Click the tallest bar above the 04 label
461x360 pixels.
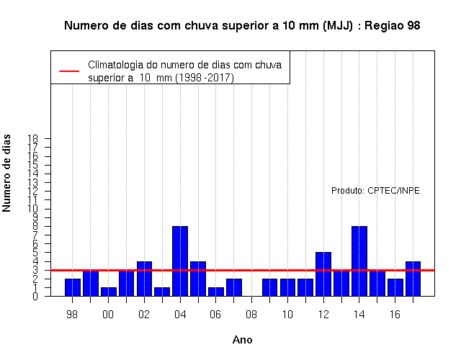coord(180,261)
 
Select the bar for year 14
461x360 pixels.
coord(359,261)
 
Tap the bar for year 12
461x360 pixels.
coord(323,274)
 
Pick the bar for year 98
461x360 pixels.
coord(73,287)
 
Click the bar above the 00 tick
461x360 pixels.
coord(109,292)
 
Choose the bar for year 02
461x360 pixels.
coord(144,279)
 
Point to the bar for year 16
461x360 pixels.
coord(395,287)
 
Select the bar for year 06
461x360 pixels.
coord(216,292)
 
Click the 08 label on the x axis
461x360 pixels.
coord(251,315)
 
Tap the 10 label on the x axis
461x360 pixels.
coord(287,315)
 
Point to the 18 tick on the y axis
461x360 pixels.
coord(33,138)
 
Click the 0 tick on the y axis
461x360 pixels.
coord(35,296)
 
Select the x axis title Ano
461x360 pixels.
coord(242,340)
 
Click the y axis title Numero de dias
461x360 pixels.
coord(6,173)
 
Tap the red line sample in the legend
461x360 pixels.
coord(69,71)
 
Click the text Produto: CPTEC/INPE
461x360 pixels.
coord(375,191)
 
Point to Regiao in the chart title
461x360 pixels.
coord(384,26)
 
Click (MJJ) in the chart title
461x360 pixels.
coord(338,26)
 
